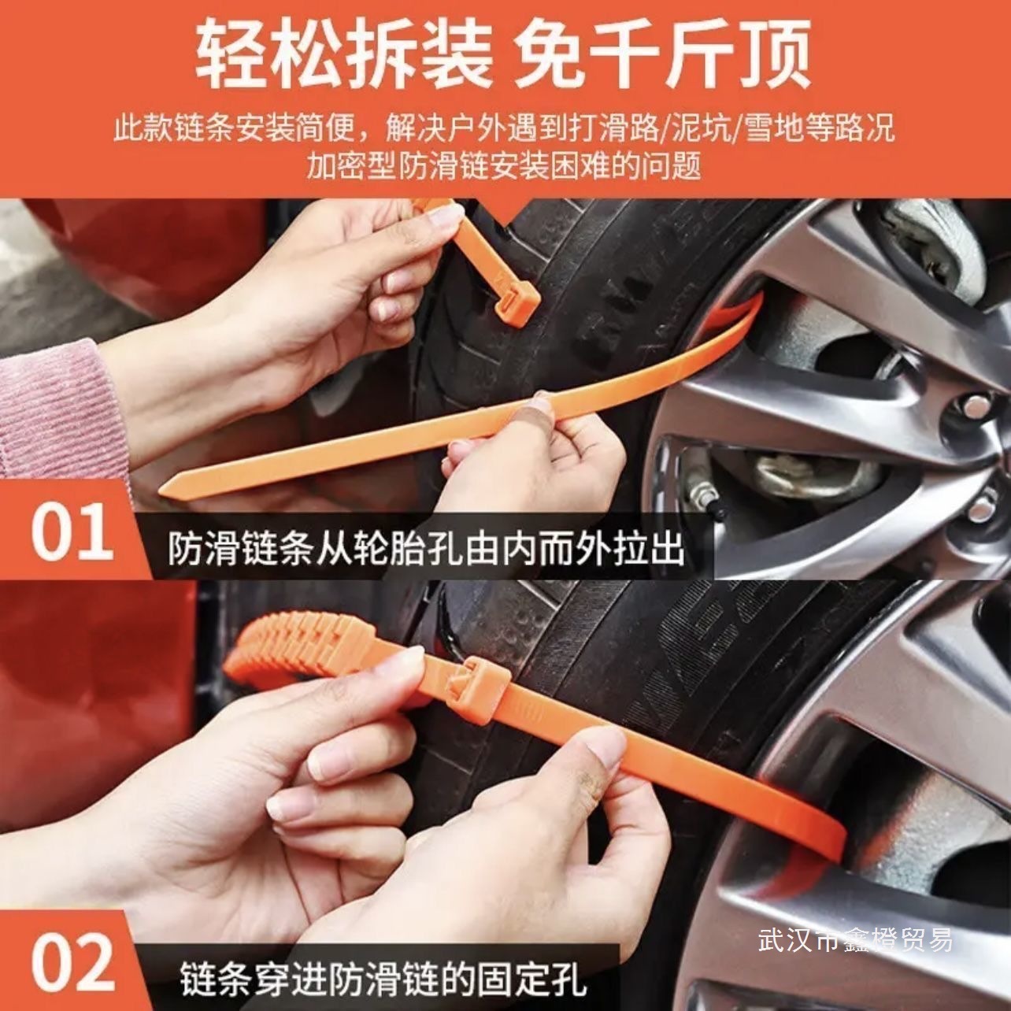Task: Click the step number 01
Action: (72, 533)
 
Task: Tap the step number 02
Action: (72, 963)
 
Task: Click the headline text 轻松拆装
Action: (344, 54)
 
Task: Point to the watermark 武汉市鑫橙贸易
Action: (855, 940)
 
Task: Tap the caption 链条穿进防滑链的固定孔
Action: (383, 980)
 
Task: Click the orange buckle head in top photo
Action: (516, 302)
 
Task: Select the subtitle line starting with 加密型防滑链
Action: (504, 165)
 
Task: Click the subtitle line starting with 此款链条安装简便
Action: (504, 128)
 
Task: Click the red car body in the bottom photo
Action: (87, 709)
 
